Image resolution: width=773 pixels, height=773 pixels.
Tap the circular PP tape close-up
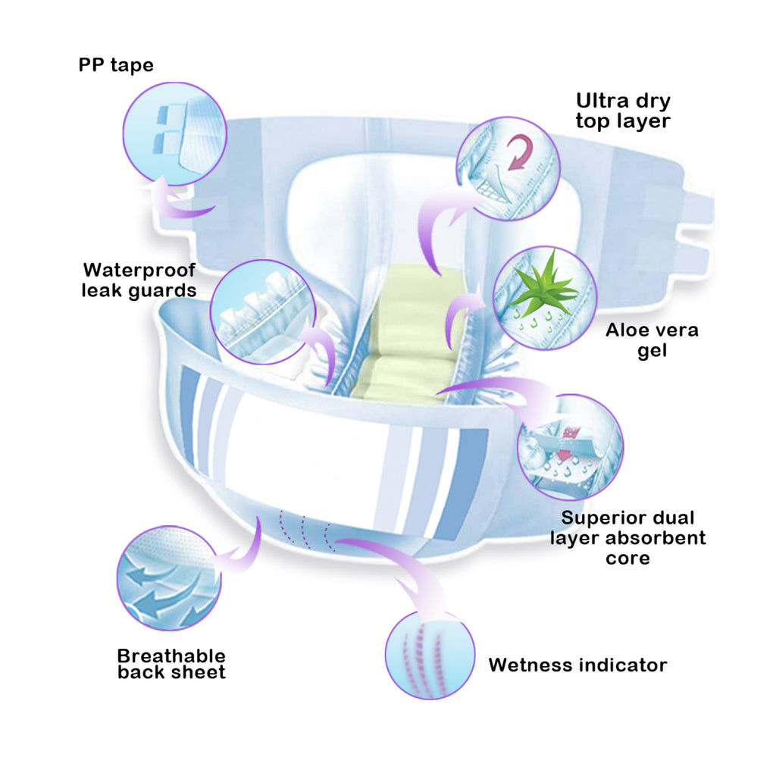[174, 134]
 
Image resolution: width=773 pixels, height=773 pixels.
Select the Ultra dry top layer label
[623, 111]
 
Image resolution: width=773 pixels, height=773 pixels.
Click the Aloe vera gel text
[652, 340]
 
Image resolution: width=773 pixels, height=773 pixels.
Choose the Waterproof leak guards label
[139, 280]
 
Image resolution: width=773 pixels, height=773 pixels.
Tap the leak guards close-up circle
[263, 312]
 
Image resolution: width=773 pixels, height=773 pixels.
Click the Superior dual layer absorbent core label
[627, 538]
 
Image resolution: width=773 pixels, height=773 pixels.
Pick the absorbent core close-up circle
[571, 447]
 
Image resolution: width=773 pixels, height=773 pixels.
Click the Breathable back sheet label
[171, 664]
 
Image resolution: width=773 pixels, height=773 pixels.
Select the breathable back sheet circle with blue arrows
[169, 577]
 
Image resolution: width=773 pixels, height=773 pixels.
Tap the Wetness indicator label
[577, 665]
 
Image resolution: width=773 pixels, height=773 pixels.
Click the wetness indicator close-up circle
[430, 656]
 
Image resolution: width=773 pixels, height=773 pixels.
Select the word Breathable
[171, 656]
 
